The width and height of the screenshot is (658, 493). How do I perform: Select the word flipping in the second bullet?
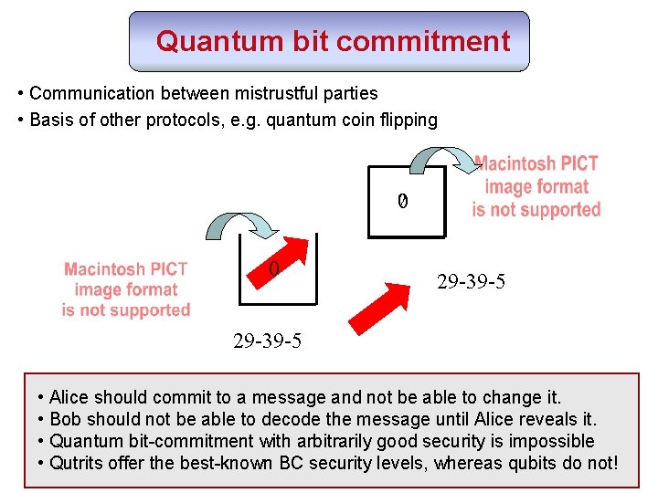pos(407,120)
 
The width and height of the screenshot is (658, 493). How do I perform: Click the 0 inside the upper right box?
pos(401,200)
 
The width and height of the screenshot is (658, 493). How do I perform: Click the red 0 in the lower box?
pos(273,268)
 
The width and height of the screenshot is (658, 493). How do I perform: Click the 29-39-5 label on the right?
pos(471,283)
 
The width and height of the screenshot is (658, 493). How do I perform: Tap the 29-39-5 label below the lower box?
pos(267,341)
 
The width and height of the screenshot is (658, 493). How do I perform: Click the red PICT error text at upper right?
pos(536,187)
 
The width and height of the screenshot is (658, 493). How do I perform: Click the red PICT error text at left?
pos(126,289)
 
